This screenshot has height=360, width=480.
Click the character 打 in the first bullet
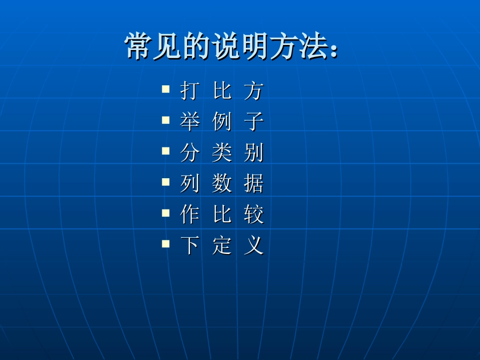click(x=189, y=91)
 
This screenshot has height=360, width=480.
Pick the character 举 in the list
click(x=189, y=122)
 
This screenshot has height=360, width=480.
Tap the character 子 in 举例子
click(x=254, y=122)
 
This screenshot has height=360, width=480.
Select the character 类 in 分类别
click(x=222, y=153)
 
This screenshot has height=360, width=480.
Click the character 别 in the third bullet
click(x=254, y=153)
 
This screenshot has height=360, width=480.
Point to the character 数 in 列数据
click(x=222, y=184)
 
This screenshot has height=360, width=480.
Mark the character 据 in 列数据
click(x=254, y=184)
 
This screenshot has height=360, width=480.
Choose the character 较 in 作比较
click(x=254, y=216)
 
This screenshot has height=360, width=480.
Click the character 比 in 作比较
click(x=222, y=216)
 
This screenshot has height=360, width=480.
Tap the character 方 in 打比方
click(x=254, y=91)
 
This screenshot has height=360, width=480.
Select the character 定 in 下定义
click(x=222, y=246)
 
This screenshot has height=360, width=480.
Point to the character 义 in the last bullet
click(x=254, y=246)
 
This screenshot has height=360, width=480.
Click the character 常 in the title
click(x=138, y=47)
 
